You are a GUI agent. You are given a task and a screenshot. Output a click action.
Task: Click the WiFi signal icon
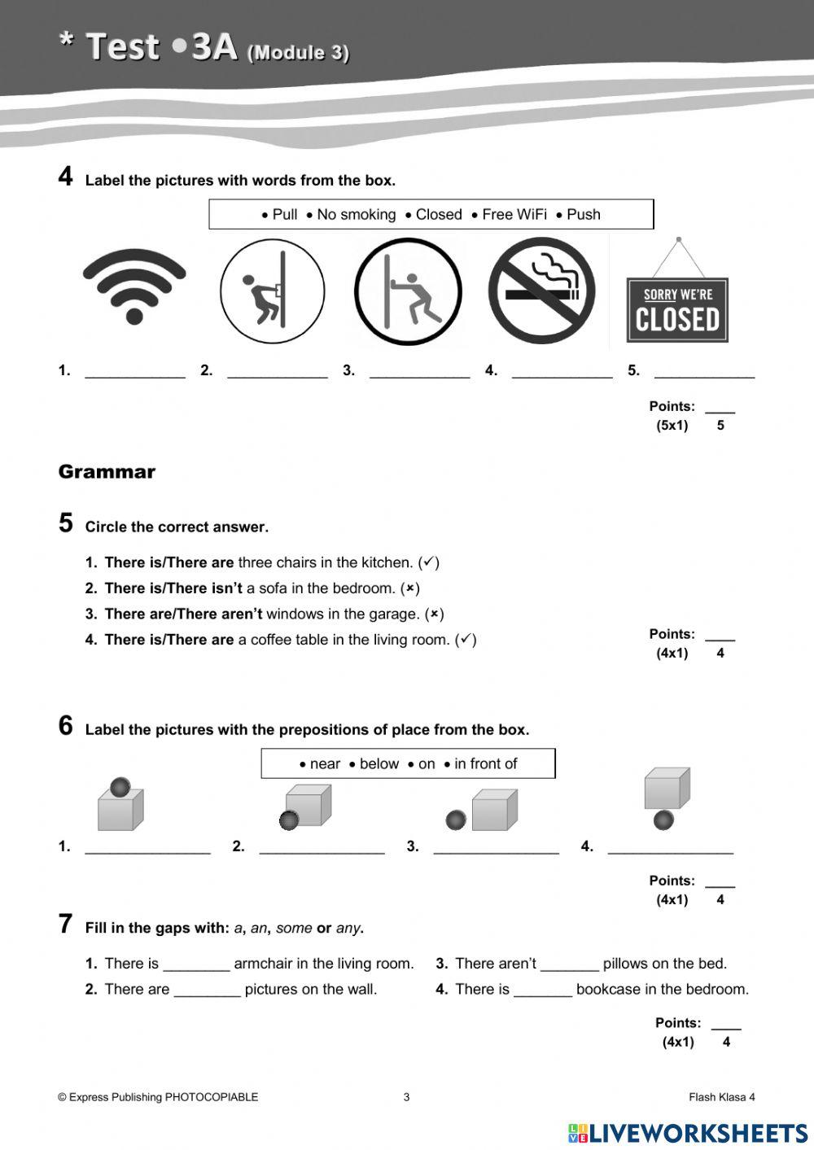tap(134, 287)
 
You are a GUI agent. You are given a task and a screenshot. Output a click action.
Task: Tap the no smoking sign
tap(541, 291)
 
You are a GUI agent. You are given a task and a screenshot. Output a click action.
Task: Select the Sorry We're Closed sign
tap(677, 309)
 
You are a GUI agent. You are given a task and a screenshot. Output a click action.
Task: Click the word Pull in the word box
tap(284, 215)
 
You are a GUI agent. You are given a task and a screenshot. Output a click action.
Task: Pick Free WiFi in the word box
tap(514, 215)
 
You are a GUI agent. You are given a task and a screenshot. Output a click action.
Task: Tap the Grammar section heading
tap(107, 472)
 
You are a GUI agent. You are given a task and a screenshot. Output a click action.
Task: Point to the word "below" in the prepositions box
tap(379, 764)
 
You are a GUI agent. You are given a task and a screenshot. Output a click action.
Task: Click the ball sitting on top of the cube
tap(120, 787)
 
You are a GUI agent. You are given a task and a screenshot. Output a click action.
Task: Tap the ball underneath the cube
tap(664, 820)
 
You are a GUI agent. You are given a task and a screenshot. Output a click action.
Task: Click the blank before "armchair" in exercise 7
tap(196, 965)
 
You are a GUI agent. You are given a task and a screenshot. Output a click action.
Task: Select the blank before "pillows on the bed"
tap(569, 965)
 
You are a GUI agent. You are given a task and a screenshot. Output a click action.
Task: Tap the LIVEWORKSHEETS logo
tap(688, 1133)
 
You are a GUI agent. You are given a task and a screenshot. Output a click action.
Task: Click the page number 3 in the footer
tap(406, 1097)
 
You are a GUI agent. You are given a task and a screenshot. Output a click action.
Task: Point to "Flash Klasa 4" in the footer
tap(721, 1097)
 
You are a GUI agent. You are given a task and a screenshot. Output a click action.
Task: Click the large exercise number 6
tap(66, 726)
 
